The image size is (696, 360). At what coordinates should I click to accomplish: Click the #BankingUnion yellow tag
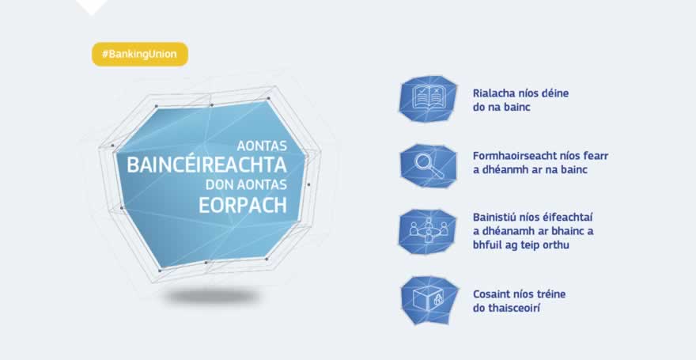140,54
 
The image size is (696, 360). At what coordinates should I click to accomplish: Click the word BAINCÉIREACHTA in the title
206,165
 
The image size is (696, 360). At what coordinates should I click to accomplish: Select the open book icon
428,99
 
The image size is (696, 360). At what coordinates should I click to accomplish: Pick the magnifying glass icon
428,165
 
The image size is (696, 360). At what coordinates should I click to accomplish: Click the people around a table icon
428,231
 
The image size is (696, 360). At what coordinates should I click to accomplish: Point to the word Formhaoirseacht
517,156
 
